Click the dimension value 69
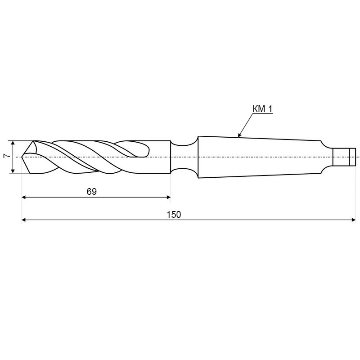point(92,192)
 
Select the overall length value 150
point(174,215)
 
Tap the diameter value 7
point(7,156)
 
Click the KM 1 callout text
point(262,109)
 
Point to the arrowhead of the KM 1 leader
point(239,135)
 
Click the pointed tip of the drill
point(22,157)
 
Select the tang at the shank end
point(344,157)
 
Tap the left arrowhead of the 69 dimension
point(24,197)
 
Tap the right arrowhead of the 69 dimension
point(168,197)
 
